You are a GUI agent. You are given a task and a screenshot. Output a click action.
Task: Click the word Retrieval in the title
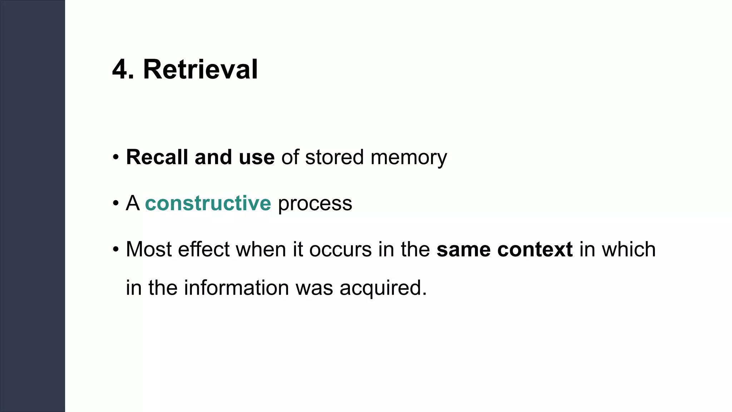pos(200,69)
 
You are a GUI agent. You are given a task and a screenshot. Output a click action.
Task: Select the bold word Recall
pos(157,157)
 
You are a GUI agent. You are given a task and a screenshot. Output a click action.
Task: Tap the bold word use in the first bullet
pos(256,157)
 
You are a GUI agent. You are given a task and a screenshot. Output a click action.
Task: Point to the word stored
pos(334,157)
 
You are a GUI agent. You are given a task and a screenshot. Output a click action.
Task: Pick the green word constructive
pos(208,203)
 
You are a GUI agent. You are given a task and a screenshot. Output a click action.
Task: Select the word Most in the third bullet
pos(149,249)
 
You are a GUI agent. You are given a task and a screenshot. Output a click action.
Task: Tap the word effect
pos(204,249)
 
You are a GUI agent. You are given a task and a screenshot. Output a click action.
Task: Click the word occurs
pos(340,249)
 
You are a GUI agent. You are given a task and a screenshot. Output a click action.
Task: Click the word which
pos(629,249)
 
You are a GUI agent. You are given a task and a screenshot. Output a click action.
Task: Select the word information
pos(236,288)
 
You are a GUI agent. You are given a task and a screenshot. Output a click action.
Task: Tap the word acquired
pos(383,288)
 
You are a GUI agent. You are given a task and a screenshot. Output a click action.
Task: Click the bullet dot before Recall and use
pos(115,157)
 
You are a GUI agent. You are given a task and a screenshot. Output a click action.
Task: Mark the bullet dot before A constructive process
pos(115,203)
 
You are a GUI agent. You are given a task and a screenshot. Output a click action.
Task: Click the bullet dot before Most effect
pos(115,249)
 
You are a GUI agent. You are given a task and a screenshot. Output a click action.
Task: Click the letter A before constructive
pos(133,203)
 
